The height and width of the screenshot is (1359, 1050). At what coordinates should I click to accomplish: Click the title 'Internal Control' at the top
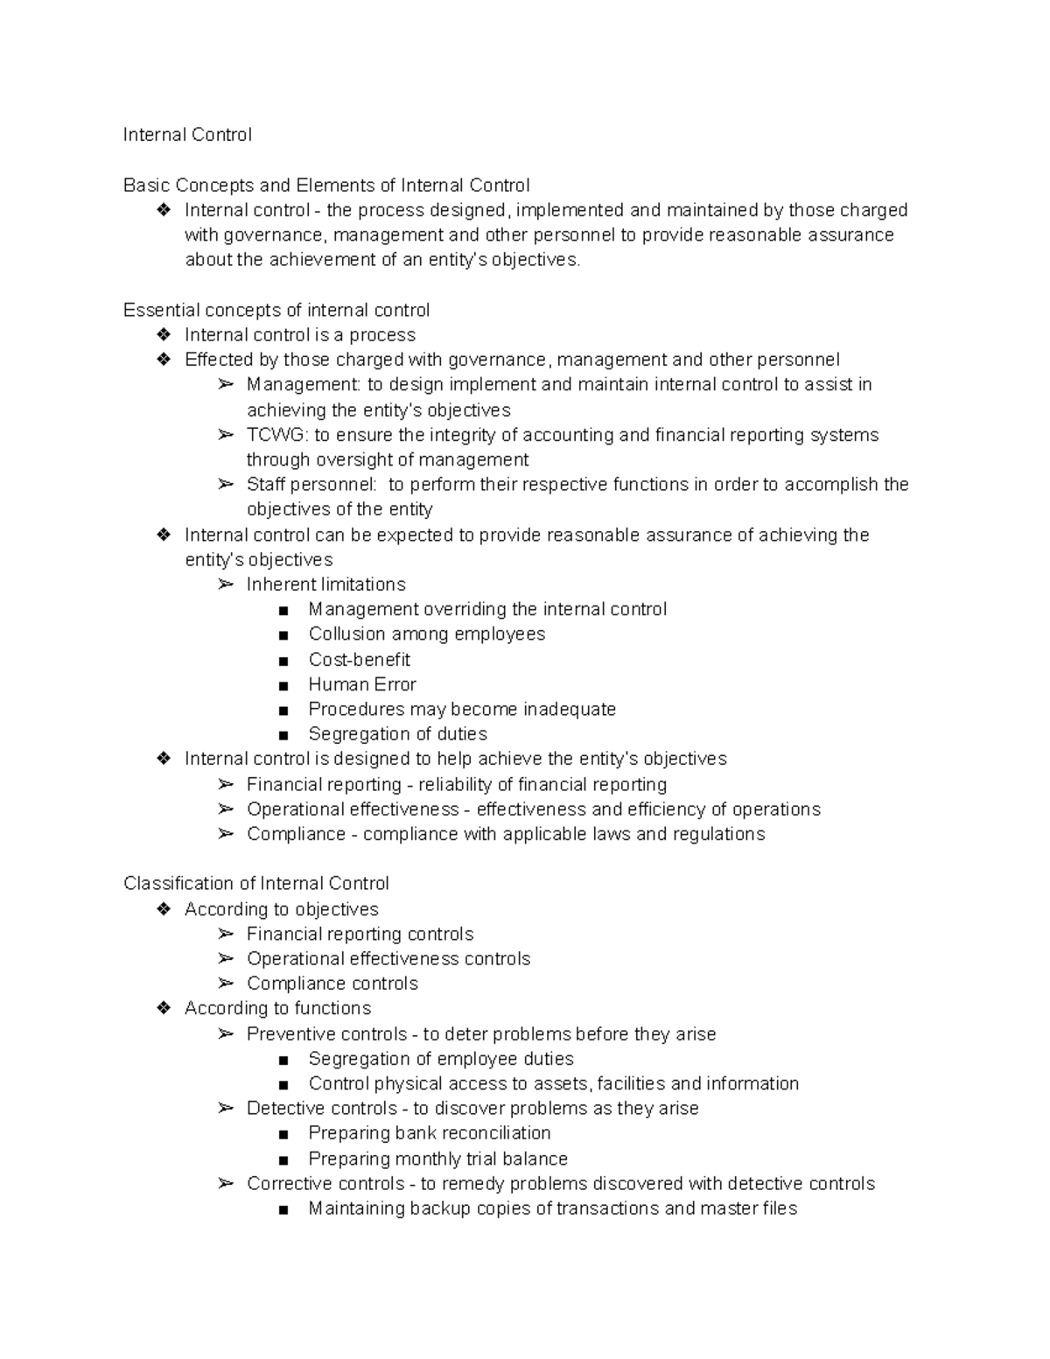click(x=187, y=135)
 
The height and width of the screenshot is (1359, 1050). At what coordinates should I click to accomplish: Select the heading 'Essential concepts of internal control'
click(x=276, y=311)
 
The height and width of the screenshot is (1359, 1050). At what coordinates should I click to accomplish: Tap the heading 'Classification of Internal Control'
click(x=256, y=884)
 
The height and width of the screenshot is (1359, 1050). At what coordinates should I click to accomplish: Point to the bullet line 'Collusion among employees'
click(x=426, y=634)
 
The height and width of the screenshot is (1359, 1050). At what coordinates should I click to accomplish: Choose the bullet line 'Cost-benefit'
click(x=359, y=660)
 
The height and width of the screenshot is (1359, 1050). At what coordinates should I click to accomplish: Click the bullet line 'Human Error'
click(x=362, y=684)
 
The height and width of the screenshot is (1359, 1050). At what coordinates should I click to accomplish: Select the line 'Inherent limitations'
click(x=325, y=585)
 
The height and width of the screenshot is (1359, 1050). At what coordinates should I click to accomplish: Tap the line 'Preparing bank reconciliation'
click(x=429, y=1133)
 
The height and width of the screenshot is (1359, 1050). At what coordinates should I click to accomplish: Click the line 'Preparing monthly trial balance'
click(x=437, y=1159)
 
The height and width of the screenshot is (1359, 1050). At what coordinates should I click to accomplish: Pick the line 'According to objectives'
click(x=281, y=909)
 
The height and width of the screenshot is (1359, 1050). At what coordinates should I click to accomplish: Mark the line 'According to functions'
click(x=277, y=1008)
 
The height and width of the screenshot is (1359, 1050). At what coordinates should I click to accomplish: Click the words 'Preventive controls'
click(x=326, y=1034)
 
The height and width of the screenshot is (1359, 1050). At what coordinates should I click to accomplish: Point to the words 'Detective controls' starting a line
click(x=322, y=1109)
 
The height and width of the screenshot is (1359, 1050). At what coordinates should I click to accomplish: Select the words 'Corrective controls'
click(x=325, y=1184)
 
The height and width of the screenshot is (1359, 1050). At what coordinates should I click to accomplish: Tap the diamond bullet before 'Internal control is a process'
click(x=164, y=335)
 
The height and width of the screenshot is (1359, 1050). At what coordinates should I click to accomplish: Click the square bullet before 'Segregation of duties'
click(x=283, y=735)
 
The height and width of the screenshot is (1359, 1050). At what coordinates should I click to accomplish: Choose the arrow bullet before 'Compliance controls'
click(x=226, y=984)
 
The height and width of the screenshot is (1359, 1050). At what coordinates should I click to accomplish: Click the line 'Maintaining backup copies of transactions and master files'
click(x=552, y=1208)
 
